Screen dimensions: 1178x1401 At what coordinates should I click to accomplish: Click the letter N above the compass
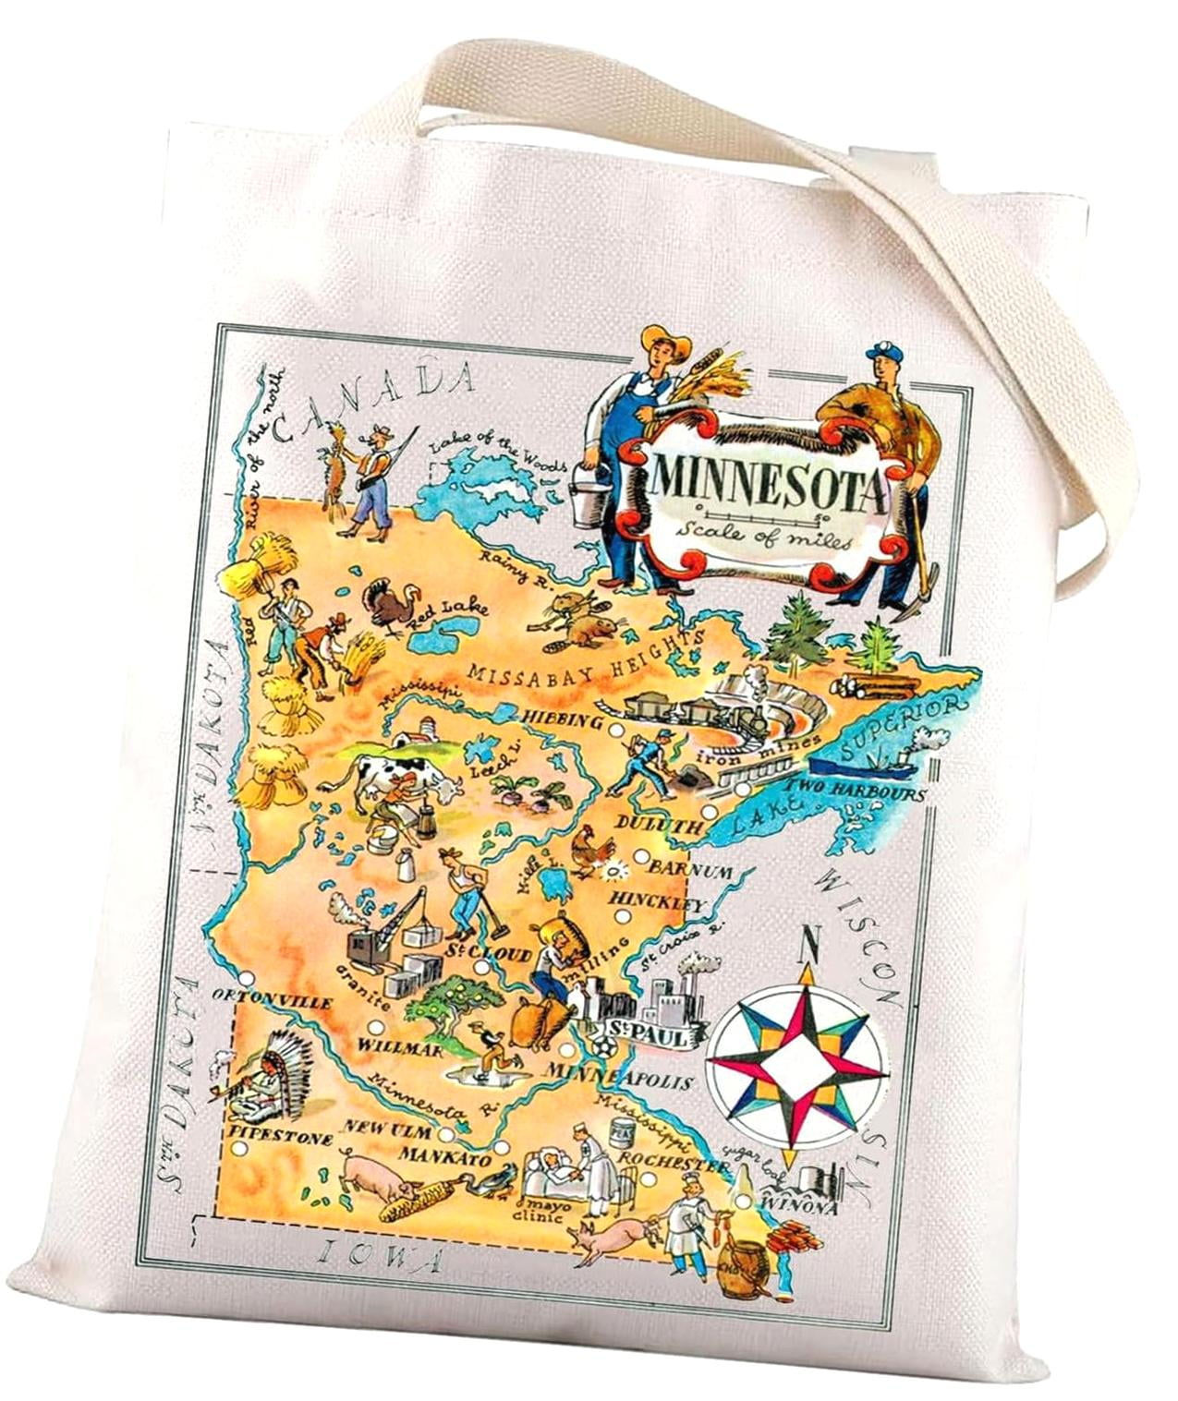pyautogui.click(x=811, y=943)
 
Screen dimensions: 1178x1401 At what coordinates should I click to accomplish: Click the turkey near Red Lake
pyautogui.click(x=386, y=603)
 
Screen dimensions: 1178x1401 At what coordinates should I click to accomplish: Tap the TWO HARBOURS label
pyautogui.click(x=856, y=792)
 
